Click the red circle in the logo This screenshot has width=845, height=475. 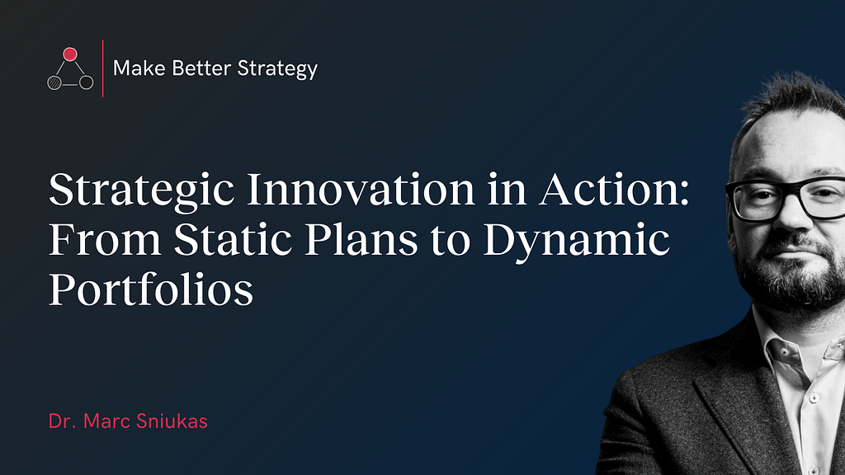click(x=70, y=54)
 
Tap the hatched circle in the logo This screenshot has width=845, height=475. click(x=54, y=82)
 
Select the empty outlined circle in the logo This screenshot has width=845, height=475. click(x=86, y=82)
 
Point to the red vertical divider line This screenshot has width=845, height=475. click(x=103, y=68)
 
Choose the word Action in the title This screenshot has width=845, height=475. click(x=608, y=190)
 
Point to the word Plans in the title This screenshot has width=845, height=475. click(x=361, y=239)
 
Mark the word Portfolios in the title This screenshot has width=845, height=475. click(x=151, y=289)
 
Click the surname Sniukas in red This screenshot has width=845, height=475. click(x=172, y=421)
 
